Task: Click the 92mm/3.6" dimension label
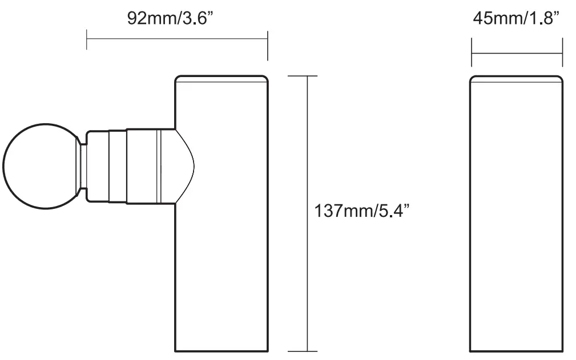click(x=172, y=18)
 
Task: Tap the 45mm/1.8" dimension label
click(x=516, y=18)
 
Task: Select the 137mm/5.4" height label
click(x=362, y=211)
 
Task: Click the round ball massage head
click(x=39, y=166)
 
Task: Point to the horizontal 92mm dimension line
click(x=177, y=39)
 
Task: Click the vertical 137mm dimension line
click(x=308, y=143)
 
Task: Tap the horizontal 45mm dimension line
click(x=517, y=54)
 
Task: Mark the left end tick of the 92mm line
click(x=87, y=39)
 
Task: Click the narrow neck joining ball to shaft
click(x=83, y=166)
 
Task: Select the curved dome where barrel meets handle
click(x=184, y=166)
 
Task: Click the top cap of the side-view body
click(x=516, y=79)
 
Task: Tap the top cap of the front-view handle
click(x=221, y=79)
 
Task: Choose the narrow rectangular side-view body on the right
click(x=516, y=217)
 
